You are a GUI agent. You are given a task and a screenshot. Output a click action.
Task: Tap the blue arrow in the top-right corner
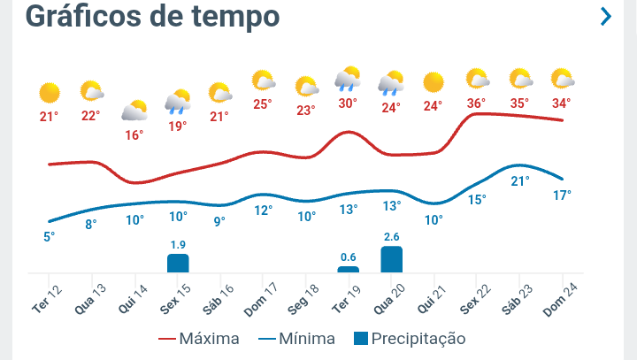[x=606, y=17]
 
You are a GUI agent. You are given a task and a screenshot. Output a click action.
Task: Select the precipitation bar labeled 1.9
[x=178, y=263]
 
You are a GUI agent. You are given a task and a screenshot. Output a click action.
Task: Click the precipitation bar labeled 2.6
[x=391, y=259]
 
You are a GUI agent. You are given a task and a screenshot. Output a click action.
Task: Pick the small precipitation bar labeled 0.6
[x=349, y=269]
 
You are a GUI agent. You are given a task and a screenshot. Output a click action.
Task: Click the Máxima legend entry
[x=199, y=339]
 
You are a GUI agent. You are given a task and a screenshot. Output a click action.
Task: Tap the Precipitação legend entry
[x=409, y=339]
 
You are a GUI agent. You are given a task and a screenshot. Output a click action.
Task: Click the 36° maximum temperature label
[x=476, y=103]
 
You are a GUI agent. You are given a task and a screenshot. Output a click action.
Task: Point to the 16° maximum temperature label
[x=134, y=135]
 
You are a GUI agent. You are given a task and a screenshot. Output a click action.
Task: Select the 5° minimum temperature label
[x=49, y=236]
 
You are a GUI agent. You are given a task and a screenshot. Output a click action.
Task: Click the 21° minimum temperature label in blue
[x=520, y=181]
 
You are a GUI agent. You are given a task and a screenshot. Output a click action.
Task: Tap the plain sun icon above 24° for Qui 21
[x=433, y=83]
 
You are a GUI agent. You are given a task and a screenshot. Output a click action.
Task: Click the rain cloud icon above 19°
[x=178, y=101]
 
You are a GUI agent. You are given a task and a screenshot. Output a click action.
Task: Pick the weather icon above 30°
[x=348, y=80]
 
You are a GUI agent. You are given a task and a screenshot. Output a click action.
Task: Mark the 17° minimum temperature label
[x=562, y=195]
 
